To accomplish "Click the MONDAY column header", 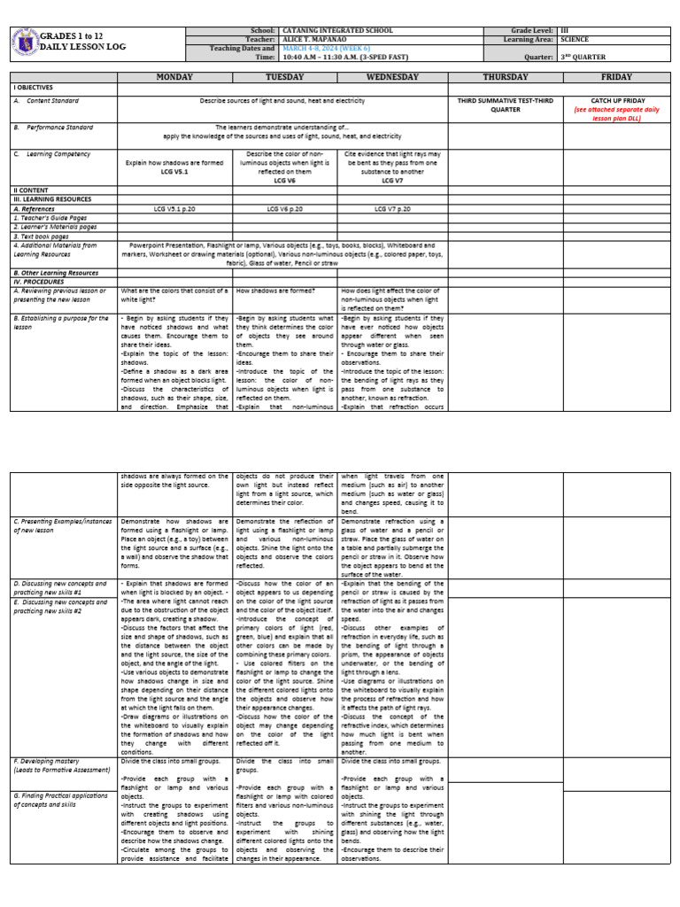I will point(174,77).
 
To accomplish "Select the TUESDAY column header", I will point(285,77).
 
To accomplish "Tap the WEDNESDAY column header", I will point(393,77).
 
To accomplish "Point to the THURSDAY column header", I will point(504,77).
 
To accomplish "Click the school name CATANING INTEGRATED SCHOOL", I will point(330,30).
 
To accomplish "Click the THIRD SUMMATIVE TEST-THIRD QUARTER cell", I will point(504,105).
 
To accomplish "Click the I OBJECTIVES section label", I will point(34,89).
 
